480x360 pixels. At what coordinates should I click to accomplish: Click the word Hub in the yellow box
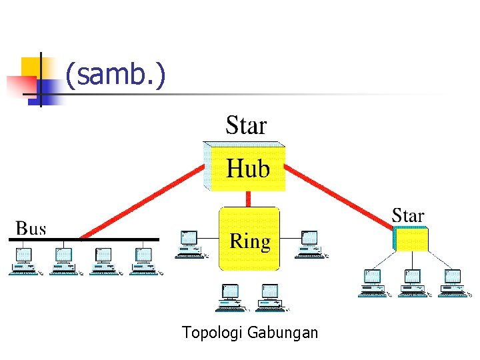click(x=248, y=169)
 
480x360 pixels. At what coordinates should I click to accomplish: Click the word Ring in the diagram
click(x=250, y=241)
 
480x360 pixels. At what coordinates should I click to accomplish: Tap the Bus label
click(x=31, y=228)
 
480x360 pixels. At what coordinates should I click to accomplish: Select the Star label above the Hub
click(x=246, y=125)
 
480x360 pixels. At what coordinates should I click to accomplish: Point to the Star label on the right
click(x=407, y=216)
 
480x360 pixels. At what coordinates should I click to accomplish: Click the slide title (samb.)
click(x=115, y=75)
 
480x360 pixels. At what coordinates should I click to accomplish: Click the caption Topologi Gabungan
click(x=250, y=332)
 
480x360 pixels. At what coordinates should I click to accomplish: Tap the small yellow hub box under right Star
click(x=411, y=239)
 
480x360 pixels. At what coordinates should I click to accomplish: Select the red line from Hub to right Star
click(x=340, y=197)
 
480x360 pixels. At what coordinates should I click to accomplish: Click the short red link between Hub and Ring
click(x=249, y=199)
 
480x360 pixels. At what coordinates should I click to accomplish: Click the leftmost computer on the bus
click(x=24, y=261)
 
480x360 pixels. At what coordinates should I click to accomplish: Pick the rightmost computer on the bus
click(x=143, y=261)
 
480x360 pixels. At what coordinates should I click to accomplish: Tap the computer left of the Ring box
click(x=190, y=244)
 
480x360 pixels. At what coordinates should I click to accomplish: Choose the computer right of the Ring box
click(x=310, y=244)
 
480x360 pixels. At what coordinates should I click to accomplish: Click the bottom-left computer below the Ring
click(x=231, y=297)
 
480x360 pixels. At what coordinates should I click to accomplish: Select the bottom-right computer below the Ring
click(x=270, y=297)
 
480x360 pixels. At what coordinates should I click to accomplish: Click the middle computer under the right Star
click(x=413, y=283)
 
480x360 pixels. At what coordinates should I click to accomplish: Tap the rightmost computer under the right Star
click(x=453, y=283)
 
